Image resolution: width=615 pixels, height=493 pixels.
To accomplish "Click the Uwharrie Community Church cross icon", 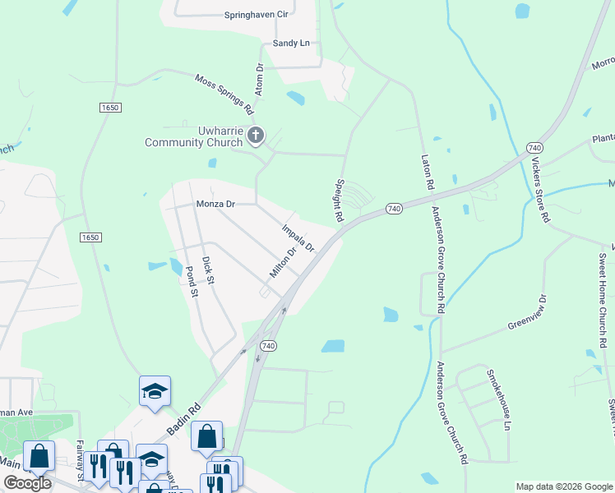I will pos(256,136).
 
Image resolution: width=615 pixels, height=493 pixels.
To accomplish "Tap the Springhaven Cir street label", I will pos(257,15).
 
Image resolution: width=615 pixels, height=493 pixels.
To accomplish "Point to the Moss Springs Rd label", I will pos(224,92).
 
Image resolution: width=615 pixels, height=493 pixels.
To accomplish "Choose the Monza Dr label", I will pos(215,204).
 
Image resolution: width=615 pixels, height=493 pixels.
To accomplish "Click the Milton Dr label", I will pos(282,263).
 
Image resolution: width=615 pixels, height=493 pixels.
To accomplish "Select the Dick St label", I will pos(209,271).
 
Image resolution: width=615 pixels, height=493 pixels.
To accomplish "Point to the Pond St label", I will pos(192,281).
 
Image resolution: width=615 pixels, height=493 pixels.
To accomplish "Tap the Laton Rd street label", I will pos(428,172).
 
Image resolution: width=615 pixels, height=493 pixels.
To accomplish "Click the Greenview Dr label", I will pos(526,313).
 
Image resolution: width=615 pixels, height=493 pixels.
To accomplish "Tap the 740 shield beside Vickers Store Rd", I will pos(533,147).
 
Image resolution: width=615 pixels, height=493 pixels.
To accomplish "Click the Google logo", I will pos(26,483).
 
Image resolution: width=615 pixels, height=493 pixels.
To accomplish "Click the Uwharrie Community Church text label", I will pos(193,136).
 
